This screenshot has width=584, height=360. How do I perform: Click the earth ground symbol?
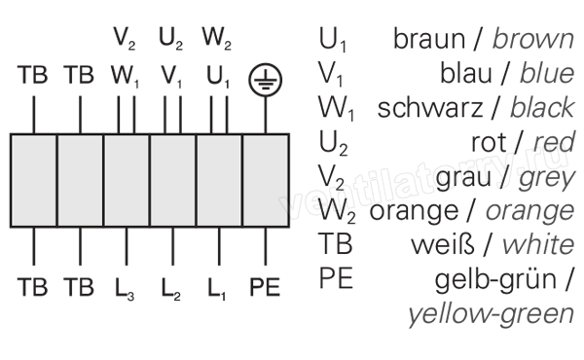click(265, 80)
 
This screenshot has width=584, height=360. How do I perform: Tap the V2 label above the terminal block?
click(125, 39)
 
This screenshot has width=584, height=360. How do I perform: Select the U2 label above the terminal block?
click(171, 39)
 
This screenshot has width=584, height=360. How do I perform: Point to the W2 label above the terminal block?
click(217, 39)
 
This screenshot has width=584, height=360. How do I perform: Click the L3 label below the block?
click(125, 289)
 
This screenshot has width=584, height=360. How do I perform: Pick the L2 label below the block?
click(171, 289)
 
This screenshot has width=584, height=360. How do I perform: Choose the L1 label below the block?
click(217, 289)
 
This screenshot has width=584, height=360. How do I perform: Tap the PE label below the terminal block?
click(265, 287)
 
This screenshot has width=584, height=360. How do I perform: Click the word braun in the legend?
click(429, 38)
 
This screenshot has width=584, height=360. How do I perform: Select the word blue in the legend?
click(547, 73)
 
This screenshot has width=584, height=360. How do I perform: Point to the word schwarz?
click(430, 108)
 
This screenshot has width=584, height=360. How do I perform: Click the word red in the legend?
click(554, 142)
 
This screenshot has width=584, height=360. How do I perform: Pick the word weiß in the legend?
click(443, 244)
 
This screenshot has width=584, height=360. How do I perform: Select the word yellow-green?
click(492, 314)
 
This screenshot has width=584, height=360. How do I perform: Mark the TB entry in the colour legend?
click(335, 244)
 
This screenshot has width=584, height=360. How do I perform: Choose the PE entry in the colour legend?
click(336, 278)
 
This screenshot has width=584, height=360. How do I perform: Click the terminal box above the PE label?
click(266, 181)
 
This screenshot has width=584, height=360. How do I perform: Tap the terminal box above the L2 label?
click(173, 181)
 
